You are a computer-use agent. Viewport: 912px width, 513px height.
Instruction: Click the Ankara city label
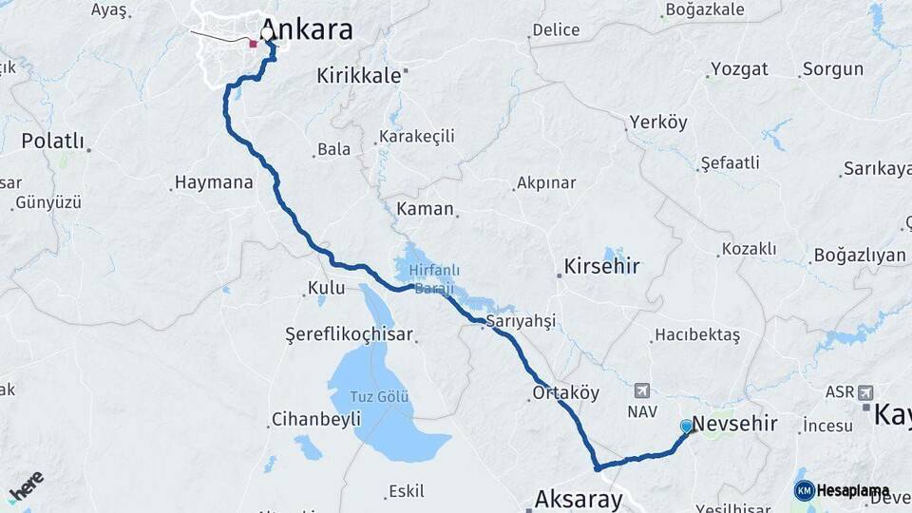pos(306,29)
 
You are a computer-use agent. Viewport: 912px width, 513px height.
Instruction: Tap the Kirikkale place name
pos(359,75)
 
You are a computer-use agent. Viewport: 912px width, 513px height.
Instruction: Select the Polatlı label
pos(53,142)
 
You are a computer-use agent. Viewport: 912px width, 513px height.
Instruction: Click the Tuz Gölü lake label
pos(380,397)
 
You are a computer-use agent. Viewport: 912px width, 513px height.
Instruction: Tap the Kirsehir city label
pos(601,266)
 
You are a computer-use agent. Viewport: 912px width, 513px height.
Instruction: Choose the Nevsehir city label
pos(735,424)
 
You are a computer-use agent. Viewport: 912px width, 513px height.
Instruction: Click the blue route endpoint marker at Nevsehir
pos(687,426)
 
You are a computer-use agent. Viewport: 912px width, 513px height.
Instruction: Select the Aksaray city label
pos(579,499)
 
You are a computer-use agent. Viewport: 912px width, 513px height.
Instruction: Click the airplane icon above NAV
pos(642,390)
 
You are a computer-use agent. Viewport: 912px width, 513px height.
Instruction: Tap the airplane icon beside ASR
pos(864,392)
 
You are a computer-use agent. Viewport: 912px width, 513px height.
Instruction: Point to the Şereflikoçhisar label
pos(350,334)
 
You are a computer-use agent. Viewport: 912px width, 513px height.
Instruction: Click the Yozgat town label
pos(738,69)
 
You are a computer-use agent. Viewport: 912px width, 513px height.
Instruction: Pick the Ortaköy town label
pos(566,392)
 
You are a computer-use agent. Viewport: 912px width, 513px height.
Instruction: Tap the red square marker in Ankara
pos(253,44)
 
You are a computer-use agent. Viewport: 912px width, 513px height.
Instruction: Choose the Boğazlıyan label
pos(859,256)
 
